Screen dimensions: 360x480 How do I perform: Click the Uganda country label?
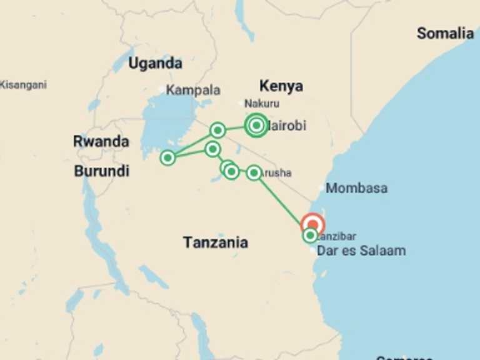pos(155,63)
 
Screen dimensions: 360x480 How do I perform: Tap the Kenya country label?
pos(281,86)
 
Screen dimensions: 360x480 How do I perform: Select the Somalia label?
pos(445,33)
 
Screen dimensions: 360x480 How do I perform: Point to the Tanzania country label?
pos(215,242)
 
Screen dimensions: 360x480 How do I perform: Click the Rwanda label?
pos(101,141)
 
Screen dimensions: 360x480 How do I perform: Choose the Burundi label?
pos(101,171)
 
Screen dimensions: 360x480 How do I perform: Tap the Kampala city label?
pos(192,90)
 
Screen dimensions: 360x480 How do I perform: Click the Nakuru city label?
pos(262,104)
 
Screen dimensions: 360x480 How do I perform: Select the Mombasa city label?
pos(356,188)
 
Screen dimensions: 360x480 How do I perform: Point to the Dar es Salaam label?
pos(361,251)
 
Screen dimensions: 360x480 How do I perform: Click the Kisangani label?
pos(23,84)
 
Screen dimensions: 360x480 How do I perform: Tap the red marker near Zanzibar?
pos(312,224)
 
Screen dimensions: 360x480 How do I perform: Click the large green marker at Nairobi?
pos(256,125)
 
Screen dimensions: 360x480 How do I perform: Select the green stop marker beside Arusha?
pos(254,172)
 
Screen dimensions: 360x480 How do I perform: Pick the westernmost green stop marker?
pos(167,157)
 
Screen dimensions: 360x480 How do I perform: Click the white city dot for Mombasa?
pos(321,187)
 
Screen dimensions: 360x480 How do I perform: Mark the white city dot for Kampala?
pos(162,90)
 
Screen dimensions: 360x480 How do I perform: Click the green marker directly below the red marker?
pos(311,236)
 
